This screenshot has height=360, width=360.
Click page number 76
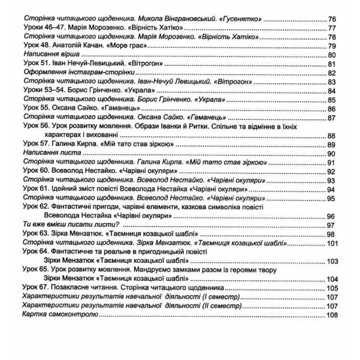(333, 19)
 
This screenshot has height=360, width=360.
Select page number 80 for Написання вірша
(333, 55)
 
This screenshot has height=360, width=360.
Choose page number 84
(333, 91)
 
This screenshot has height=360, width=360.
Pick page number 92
(333, 172)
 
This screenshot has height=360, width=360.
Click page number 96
(333, 216)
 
